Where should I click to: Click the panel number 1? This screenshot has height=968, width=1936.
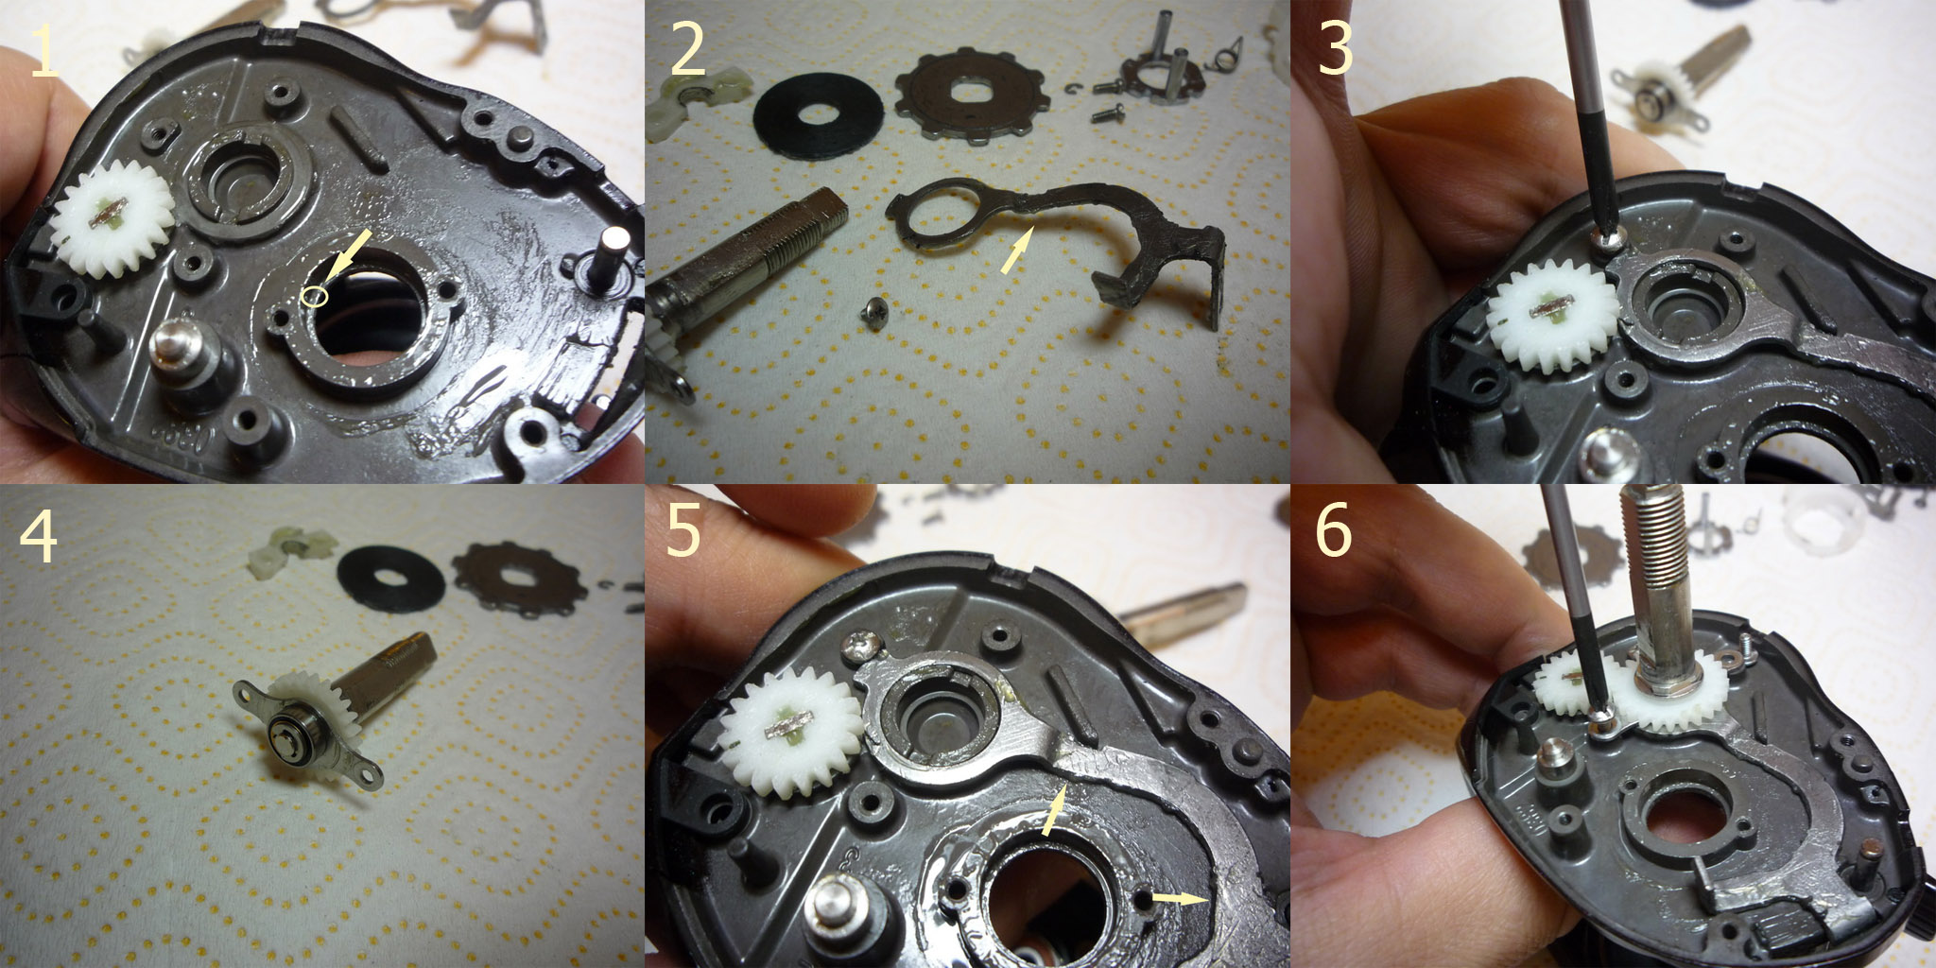pos(44,52)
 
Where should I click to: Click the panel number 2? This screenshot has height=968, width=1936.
pos(687,52)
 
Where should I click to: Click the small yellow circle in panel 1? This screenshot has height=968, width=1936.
pos(315,296)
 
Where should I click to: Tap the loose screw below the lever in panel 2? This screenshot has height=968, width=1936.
pos(878,311)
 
